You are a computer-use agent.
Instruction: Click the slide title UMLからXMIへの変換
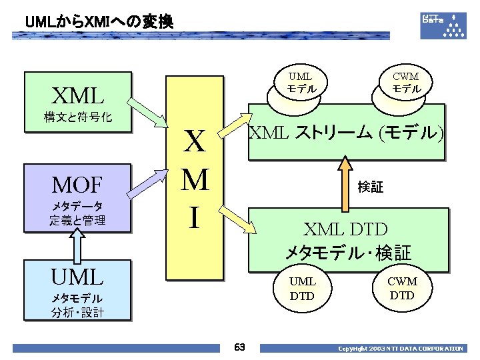tap(99, 22)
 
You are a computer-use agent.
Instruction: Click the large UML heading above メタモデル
tap(78, 276)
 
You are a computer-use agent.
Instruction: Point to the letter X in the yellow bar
tap(194, 143)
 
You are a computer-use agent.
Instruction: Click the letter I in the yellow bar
tap(193, 217)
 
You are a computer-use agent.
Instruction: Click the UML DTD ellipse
tap(302, 289)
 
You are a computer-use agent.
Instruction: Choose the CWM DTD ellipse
tap(402, 289)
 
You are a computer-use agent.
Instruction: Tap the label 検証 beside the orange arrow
tap(370, 187)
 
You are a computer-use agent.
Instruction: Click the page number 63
tap(240, 347)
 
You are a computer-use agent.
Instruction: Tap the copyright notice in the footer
tap(400, 349)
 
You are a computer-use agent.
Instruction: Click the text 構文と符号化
tap(78, 118)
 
